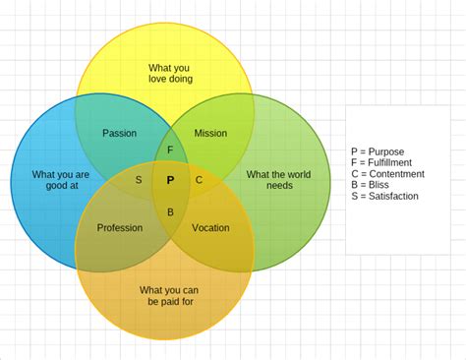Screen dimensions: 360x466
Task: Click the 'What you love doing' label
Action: pyautogui.click(x=170, y=73)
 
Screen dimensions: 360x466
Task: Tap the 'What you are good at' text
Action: pyautogui.click(x=60, y=180)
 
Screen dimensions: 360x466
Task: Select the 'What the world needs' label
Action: pyautogui.click(x=278, y=180)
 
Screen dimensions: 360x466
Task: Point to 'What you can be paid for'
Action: pyautogui.click(x=168, y=295)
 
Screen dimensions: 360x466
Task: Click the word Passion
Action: pyautogui.click(x=120, y=133)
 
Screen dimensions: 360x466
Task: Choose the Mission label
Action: pyautogui.click(x=210, y=133)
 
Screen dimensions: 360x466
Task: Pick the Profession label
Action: pyautogui.click(x=120, y=228)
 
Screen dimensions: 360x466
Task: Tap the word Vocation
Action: pyautogui.click(x=210, y=228)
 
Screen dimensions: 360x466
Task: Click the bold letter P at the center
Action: pyautogui.click(x=170, y=180)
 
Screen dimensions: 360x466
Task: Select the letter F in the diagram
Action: pyautogui.click(x=170, y=150)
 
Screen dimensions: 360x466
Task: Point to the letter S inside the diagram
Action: pyautogui.click(x=139, y=180)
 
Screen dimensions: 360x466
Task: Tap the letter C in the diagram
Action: pyautogui.click(x=200, y=180)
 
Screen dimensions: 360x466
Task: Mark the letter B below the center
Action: pyautogui.click(x=170, y=211)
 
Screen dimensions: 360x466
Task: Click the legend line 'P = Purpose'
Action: pyautogui.click(x=378, y=151)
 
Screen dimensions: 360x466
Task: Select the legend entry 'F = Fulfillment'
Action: pyautogui.click(x=381, y=162)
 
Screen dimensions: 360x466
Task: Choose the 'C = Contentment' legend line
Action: pyautogui.click(x=387, y=174)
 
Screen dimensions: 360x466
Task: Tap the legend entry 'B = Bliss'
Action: pyautogui.click(x=370, y=185)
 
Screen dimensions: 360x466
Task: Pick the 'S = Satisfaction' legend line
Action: pyautogui.click(x=384, y=196)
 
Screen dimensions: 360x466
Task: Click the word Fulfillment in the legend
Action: pyautogui.click(x=390, y=162)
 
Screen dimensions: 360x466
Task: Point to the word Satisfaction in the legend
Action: pyautogui.click(x=393, y=196)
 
